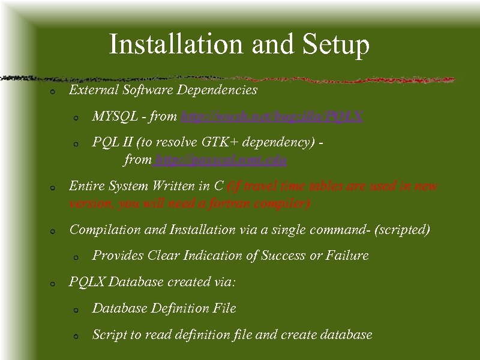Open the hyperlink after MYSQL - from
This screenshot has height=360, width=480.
272,116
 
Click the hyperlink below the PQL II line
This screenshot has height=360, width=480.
220,160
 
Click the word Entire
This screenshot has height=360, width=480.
86,186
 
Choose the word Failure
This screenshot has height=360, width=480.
347,256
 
